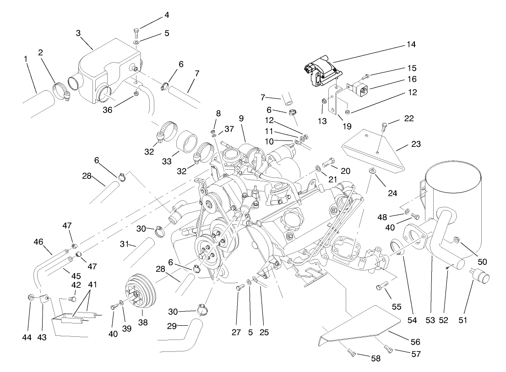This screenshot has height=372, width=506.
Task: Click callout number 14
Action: point(411,44)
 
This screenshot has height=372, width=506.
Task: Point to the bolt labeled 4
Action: point(136,32)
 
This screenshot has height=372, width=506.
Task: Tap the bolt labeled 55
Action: point(380,287)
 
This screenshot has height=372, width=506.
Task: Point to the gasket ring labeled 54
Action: point(396,247)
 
